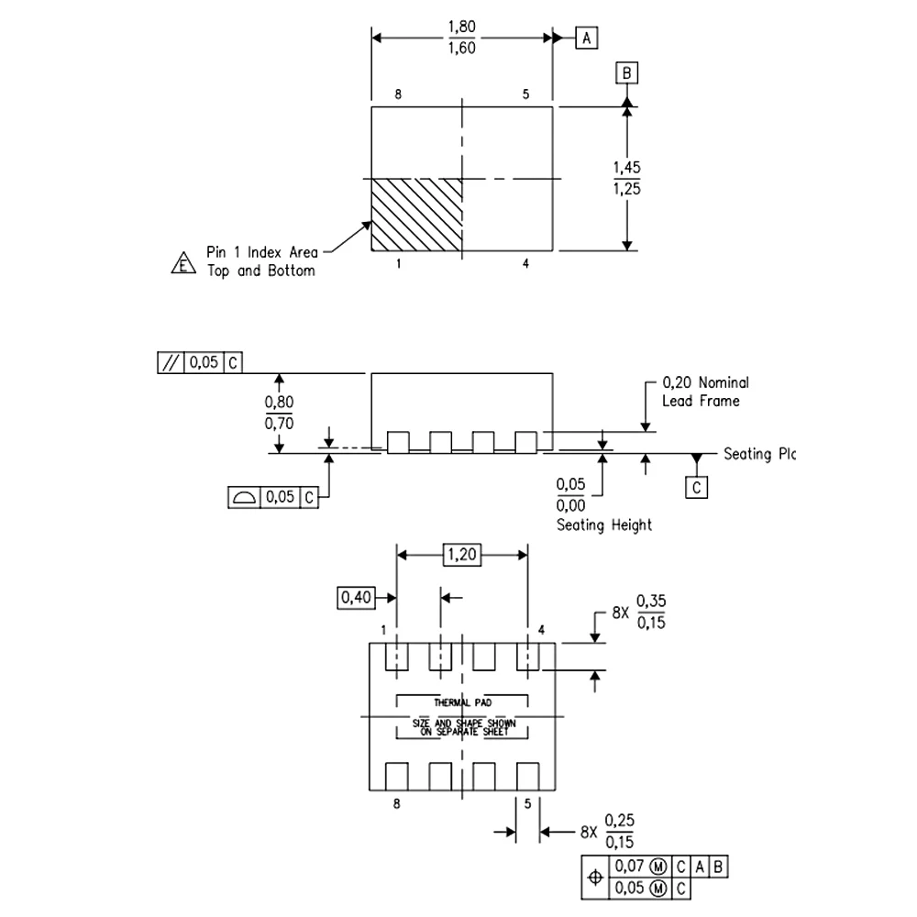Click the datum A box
587,38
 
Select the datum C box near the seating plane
697,487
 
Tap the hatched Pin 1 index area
416,215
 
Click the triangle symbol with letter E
183,264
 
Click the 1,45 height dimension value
626,168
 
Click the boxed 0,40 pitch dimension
356,598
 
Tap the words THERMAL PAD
462,702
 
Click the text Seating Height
604,525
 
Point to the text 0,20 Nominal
705,383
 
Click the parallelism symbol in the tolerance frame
171,362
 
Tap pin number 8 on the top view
397,94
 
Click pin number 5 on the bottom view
528,804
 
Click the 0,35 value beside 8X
651,602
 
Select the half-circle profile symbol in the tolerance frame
244,497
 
